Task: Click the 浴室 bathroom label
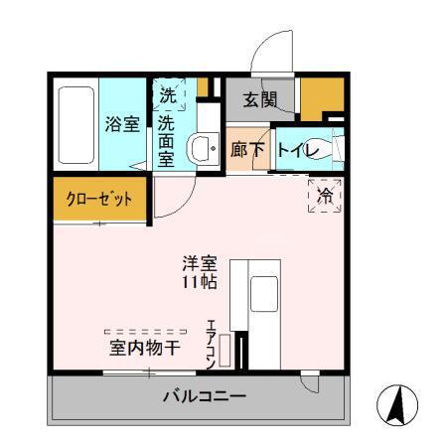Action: click(x=122, y=125)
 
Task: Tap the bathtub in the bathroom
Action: click(x=75, y=126)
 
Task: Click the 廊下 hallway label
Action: click(x=246, y=149)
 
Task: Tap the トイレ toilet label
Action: click(x=297, y=149)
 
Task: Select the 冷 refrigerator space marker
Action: click(x=325, y=196)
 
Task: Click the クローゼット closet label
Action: click(x=99, y=198)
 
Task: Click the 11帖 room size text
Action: click(x=199, y=282)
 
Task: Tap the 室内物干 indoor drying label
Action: click(x=144, y=348)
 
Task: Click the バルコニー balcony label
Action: click(x=204, y=396)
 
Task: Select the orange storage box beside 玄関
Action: click(x=319, y=96)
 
